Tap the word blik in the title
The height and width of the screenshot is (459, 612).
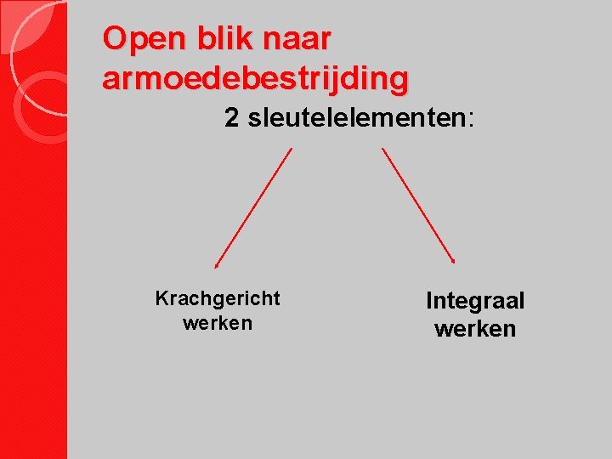[218, 39]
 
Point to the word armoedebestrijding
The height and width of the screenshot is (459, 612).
[255, 78]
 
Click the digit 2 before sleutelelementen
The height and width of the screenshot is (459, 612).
[231, 118]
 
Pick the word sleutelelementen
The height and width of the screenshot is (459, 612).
[356, 118]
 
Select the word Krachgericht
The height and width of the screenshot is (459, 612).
[218, 299]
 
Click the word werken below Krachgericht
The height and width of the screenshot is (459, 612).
[218, 323]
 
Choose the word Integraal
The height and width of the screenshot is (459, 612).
[475, 301]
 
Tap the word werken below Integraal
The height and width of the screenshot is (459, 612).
[475, 328]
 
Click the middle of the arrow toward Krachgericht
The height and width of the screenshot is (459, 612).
[253, 207]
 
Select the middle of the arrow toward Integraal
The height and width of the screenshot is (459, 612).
[418, 205]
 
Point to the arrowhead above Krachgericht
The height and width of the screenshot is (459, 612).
[216, 265]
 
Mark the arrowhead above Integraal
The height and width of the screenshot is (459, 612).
[454, 261]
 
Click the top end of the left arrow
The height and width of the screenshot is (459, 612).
[292, 149]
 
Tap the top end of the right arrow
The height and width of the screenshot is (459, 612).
[382, 149]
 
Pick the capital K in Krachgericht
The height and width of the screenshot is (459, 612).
[161, 299]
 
